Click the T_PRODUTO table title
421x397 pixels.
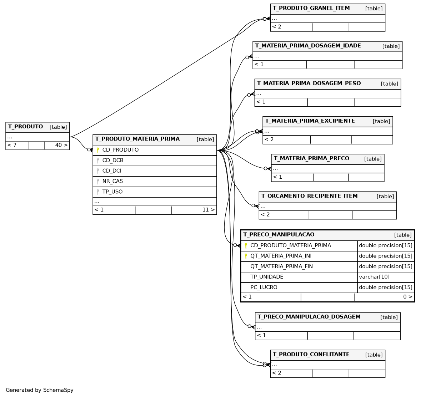coord(25,127)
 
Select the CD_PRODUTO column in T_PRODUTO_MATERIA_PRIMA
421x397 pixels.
coord(120,150)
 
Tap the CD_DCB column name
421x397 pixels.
coord(113,161)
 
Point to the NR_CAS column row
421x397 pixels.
coord(155,181)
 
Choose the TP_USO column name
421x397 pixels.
coord(112,192)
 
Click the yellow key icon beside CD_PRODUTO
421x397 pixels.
coord(98,150)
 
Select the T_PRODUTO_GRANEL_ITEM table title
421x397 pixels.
coord(311,8)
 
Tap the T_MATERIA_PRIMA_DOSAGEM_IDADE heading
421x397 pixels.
coord(308,46)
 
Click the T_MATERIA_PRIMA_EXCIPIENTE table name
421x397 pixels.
coord(310,121)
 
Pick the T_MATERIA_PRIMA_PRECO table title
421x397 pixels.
coord(311,158)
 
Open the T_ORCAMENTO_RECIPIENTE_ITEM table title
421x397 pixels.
coord(309,196)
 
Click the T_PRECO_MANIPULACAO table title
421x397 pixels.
coord(279,234)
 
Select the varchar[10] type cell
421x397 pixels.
coord(374,277)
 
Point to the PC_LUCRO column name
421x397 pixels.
coord(264,287)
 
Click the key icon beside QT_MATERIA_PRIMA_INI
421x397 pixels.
coord(246,256)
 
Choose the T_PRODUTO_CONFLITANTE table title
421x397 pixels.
coord(311,354)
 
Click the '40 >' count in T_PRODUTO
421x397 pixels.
coord(61,145)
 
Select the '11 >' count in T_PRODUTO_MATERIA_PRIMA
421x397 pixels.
coord(209,210)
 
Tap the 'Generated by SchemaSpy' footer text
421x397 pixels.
coord(40,390)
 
